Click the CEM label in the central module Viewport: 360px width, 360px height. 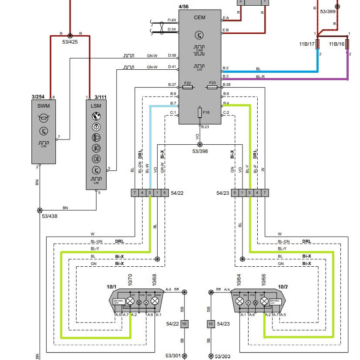(x=199, y=17)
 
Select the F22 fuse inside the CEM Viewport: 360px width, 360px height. (x=188, y=88)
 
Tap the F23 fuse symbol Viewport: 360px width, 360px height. (x=212, y=88)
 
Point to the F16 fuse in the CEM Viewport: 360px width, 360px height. (x=200, y=113)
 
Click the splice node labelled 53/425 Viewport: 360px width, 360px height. (x=70, y=34)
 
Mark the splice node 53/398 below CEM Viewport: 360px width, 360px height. (x=200, y=145)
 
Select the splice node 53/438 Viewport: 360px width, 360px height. (x=40, y=210)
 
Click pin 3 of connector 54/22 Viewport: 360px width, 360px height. (x=150, y=193)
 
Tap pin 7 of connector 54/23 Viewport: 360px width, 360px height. (x=264, y=193)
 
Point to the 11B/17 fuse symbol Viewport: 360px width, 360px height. (x=318, y=44)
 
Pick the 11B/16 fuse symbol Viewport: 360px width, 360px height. (x=347, y=44)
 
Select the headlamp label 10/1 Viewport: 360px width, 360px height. (x=111, y=286)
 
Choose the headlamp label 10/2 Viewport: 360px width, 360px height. (x=283, y=286)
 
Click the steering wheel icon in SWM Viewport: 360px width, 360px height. (x=44, y=118)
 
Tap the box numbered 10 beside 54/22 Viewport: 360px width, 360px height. (x=184, y=324)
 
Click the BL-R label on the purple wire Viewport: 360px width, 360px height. (x=260, y=76)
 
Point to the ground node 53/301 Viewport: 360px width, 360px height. (x=184, y=356)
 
